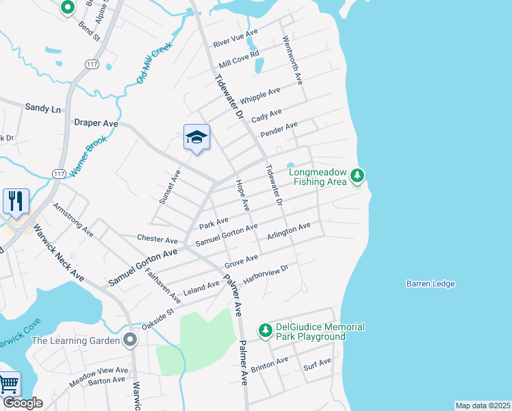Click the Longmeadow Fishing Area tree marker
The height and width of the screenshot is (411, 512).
pyautogui.click(x=356, y=177)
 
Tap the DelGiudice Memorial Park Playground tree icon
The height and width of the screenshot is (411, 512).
pyautogui.click(x=265, y=331)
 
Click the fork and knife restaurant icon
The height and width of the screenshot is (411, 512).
pyautogui.click(x=16, y=201)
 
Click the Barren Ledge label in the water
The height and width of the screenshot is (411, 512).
pyautogui.click(x=430, y=284)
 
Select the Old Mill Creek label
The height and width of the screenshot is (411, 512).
pyautogui.click(x=154, y=64)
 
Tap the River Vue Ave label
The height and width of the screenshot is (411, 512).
pyautogui.click(x=235, y=38)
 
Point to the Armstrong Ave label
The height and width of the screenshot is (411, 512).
pyautogui.click(x=73, y=219)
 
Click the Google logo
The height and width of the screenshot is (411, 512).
pyautogui.click(x=23, y=403)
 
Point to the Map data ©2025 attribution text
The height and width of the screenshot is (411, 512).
pyautogui.click(x=483, y=406)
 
